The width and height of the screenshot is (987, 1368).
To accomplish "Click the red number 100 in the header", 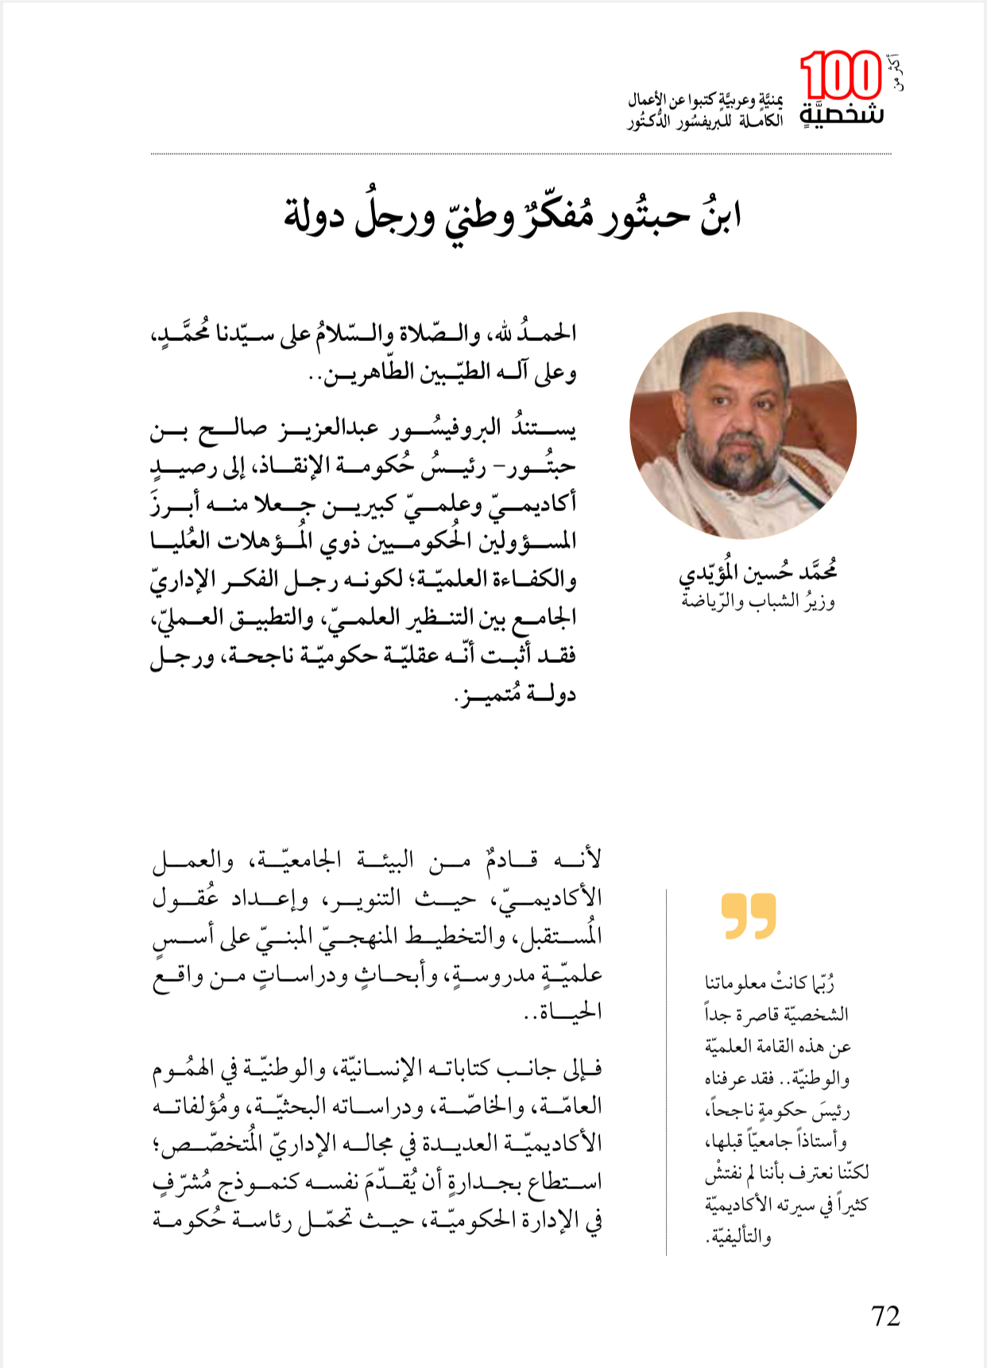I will pyautogui.click(x=840, y=77).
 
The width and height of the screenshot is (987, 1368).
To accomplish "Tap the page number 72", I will pyautogui.click(x=885, y=1316).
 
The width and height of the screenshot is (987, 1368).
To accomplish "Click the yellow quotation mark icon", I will pyautogui.click(x=749, y=916).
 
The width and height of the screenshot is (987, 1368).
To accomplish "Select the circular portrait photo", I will pyautogui.click(x=743, y=425).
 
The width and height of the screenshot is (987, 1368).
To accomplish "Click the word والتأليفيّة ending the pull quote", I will pyautogui.click(x=738, y=1237).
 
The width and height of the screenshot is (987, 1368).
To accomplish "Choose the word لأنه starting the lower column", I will pyautogui.click(x=583, y=860).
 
